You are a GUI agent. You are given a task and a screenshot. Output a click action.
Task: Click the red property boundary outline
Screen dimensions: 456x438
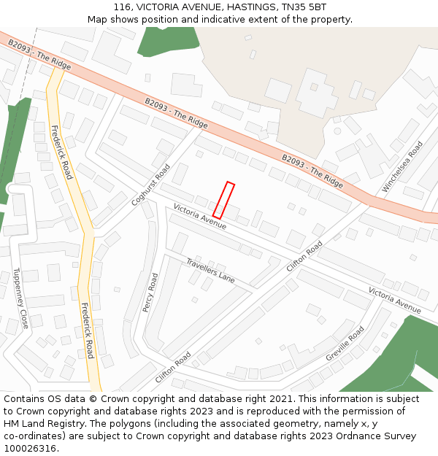(223, 200)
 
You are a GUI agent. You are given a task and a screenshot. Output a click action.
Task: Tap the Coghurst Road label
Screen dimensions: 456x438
(150, 185)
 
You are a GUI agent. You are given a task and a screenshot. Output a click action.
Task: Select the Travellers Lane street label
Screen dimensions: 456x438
(210, 270)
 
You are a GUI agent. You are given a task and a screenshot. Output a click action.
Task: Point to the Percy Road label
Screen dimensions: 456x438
(150, 293)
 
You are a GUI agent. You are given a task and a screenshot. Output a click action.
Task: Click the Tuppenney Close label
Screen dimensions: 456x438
(20, 298)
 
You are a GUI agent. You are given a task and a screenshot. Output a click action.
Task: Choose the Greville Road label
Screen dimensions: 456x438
(345, 344)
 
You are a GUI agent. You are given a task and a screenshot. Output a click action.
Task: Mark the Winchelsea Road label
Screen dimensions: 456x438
(402, 167)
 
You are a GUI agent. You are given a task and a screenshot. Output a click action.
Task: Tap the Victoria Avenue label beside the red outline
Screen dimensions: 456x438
(200, 217)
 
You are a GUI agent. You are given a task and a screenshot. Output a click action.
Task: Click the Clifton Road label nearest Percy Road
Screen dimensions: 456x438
(173, 368)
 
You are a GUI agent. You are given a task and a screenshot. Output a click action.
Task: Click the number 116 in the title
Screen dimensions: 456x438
(122, 7)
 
